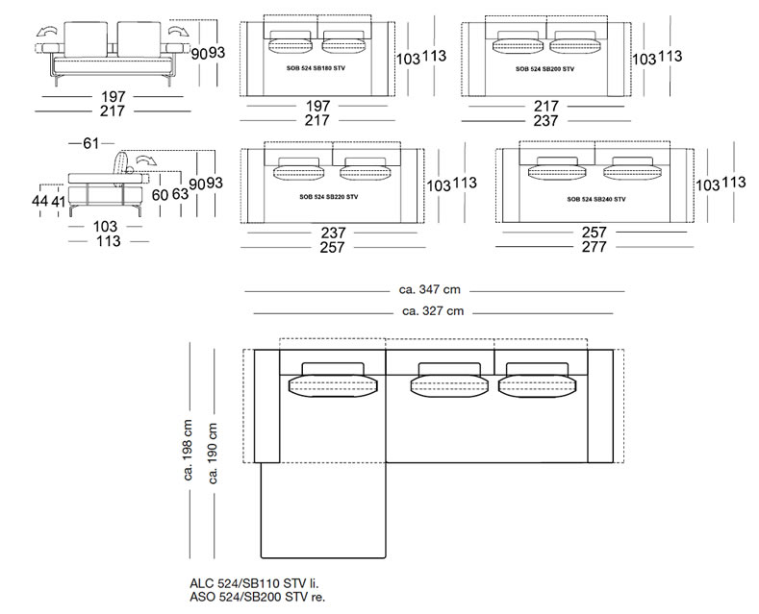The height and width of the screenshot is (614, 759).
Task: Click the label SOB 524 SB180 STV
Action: [x=316, y=68]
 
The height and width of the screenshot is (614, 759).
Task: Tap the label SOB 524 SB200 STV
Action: [x=545, y=69]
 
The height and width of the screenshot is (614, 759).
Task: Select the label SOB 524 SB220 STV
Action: [x=329, y=197]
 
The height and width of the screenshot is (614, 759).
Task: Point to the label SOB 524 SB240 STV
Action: [x=596, y=199]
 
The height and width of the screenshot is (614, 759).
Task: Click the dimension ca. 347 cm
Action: [x=430, y=289]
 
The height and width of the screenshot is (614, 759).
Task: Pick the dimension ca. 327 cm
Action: [x=433, y=311]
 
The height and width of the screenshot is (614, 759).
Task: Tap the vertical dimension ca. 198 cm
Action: [x=188, y=450]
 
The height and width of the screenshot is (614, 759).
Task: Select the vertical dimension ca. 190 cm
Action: [x=213, y=454]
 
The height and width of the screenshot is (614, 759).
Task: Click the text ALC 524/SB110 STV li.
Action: [x=255, y=583]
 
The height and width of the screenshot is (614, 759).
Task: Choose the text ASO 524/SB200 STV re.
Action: [x=258, y=597]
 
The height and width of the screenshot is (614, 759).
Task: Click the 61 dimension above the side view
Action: [x=91, y=143]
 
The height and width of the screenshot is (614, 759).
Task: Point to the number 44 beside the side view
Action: [x=39, y=200]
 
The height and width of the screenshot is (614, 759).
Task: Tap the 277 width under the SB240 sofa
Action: [x=594, y=247]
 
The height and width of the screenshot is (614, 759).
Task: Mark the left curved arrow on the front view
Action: [x=46, y=32]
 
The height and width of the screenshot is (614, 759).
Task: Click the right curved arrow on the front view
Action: [x=179, y=31]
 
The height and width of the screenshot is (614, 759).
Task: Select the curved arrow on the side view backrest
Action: [x=145, y=161]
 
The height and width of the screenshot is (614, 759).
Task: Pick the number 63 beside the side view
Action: [x=180, y=194]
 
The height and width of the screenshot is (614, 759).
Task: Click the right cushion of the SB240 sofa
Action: [x=632, y=168]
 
